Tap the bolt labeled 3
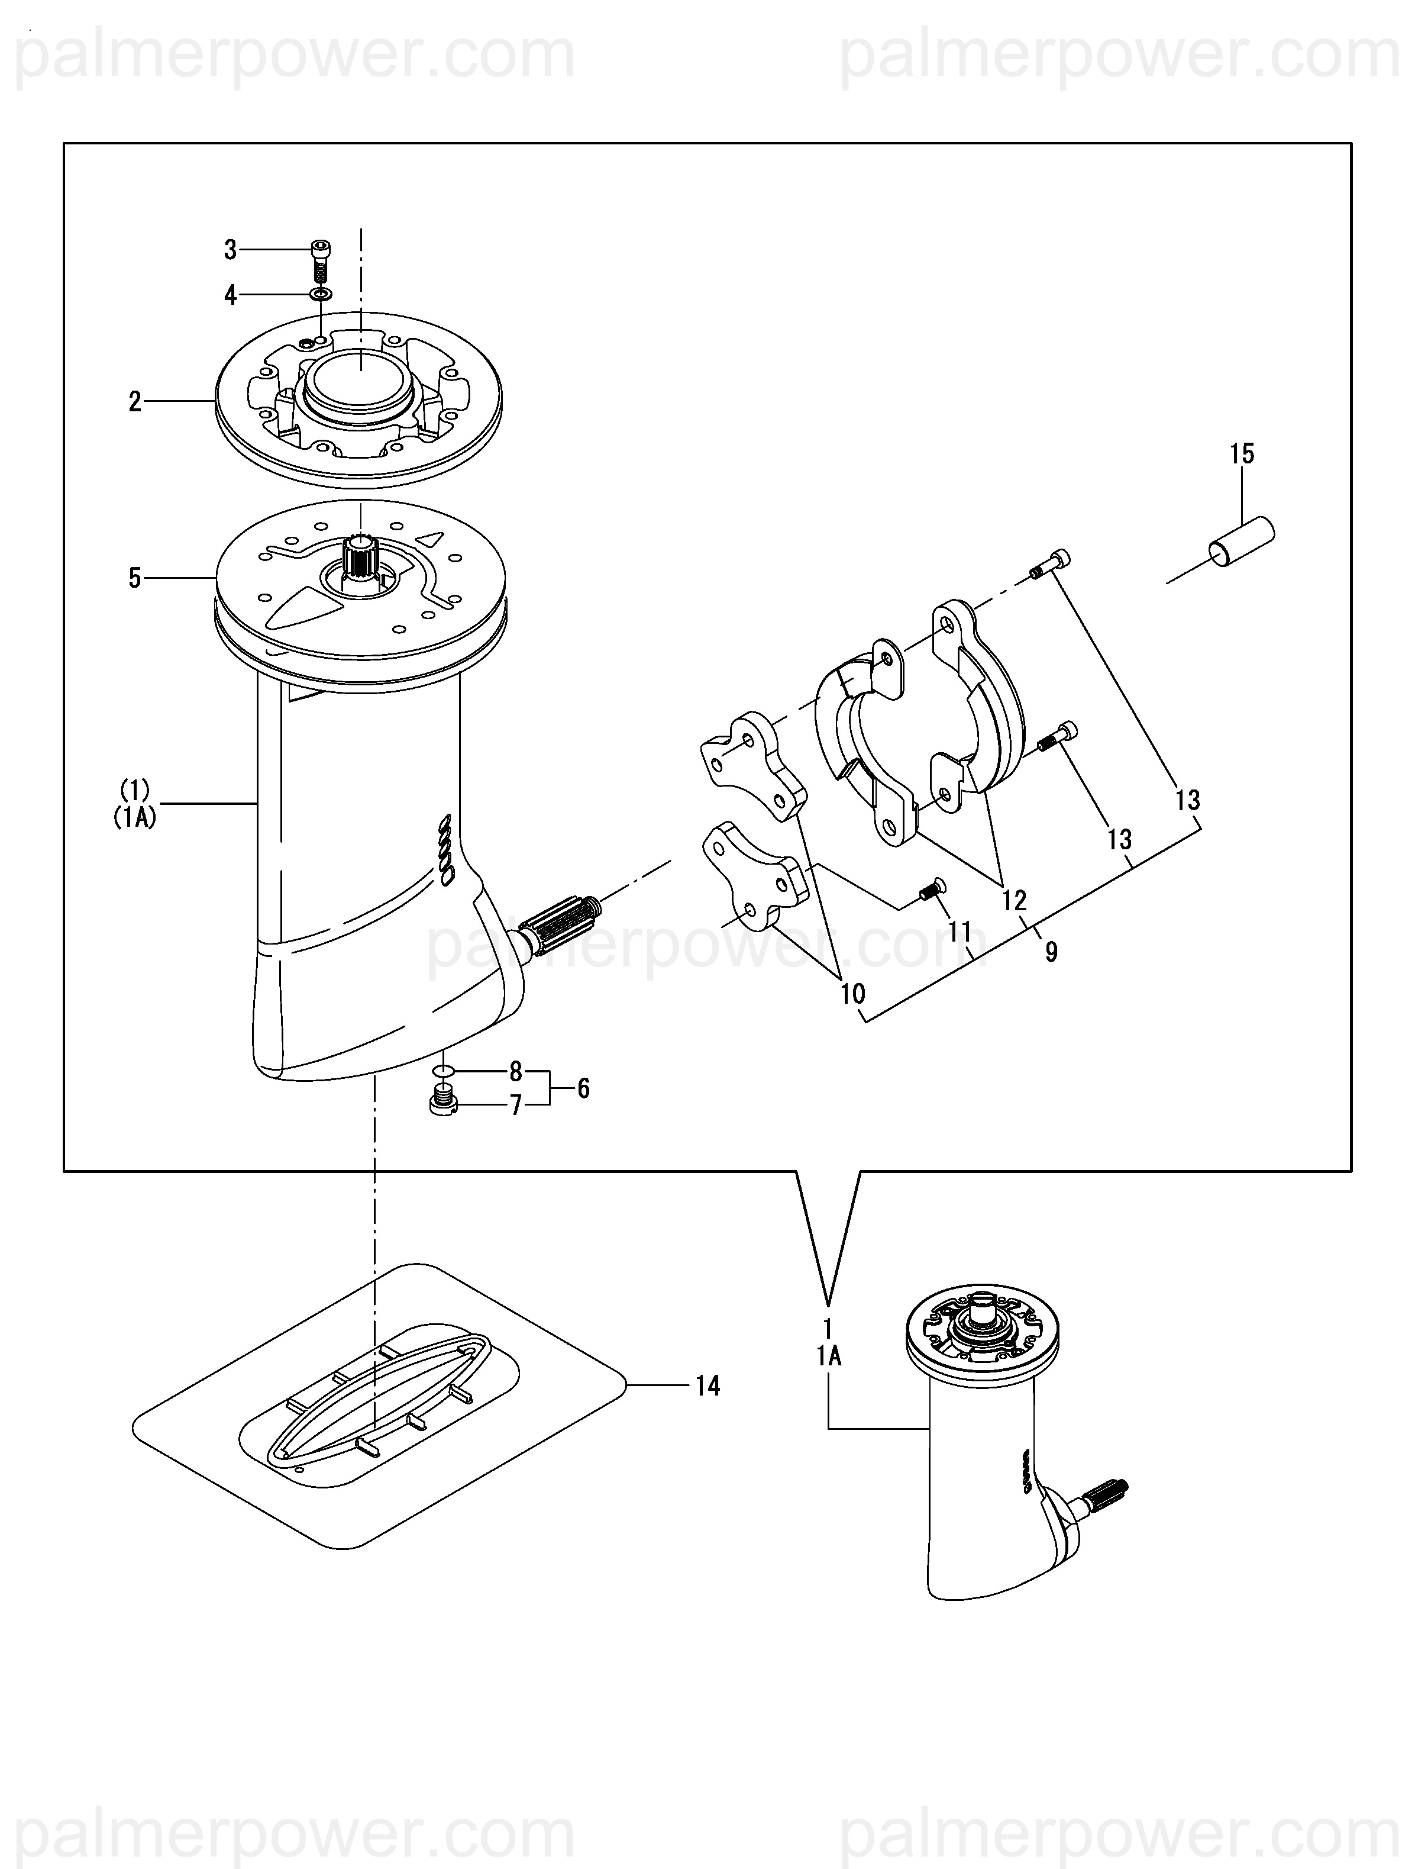(320, 262)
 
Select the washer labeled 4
(320, 294)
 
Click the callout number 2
(135, 401)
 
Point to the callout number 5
(135, 578)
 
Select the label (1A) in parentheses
(135, 818)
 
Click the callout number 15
(1242, 454)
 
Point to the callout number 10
(853, 994)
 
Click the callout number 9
(1052, 952)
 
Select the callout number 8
(515, 1071)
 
